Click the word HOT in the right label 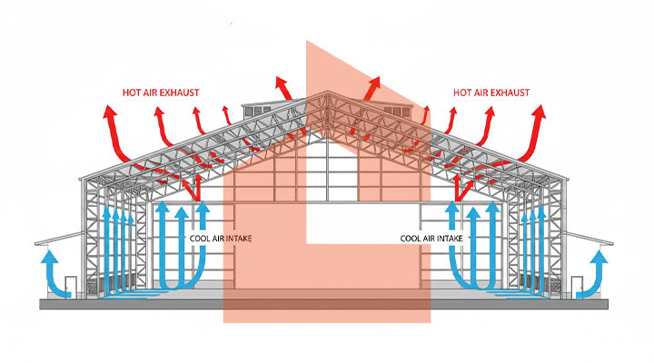461,92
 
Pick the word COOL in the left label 199,239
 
